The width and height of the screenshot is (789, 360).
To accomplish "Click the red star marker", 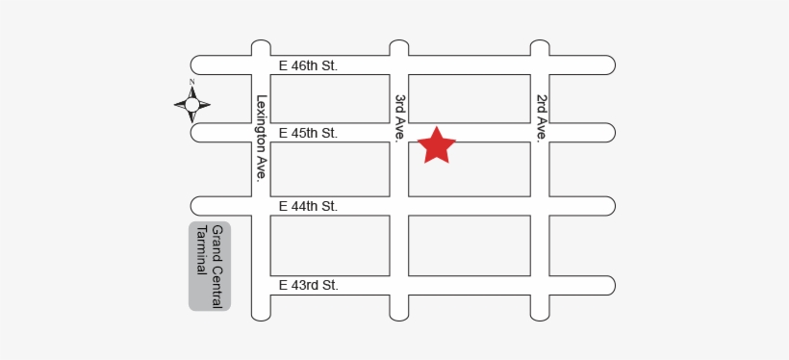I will point(437,145).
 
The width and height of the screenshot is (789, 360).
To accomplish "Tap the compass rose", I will point(191,104).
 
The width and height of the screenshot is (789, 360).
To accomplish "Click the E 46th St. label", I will point(308,65).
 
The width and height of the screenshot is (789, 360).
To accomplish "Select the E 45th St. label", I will point(308,133).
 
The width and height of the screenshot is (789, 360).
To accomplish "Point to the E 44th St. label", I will point(308,206).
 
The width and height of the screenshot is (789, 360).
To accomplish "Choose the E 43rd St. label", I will point(308,285).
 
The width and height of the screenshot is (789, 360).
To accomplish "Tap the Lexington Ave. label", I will point(261,137).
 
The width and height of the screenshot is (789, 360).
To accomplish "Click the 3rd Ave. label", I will point(399,117).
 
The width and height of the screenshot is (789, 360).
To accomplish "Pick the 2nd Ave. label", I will point(541,117).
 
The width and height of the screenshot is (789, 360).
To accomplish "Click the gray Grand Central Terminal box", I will point(210,267).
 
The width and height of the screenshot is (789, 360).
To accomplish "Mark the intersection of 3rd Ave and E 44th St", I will point(399,206).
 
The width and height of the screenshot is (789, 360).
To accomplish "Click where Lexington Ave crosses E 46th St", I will point(261,64).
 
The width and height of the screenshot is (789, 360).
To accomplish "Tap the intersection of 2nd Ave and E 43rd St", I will point(541,285).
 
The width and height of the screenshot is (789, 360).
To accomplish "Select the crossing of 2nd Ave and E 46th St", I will point(541,64).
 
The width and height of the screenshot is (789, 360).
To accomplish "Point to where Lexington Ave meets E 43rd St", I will point(261,285).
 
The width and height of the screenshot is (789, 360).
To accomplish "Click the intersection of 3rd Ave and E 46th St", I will point(399,64).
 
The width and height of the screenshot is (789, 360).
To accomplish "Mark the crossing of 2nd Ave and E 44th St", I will point(541,206).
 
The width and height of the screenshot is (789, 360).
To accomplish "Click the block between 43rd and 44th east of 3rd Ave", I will point(470,245).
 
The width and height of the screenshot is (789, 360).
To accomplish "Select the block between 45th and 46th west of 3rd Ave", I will point(330,98).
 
